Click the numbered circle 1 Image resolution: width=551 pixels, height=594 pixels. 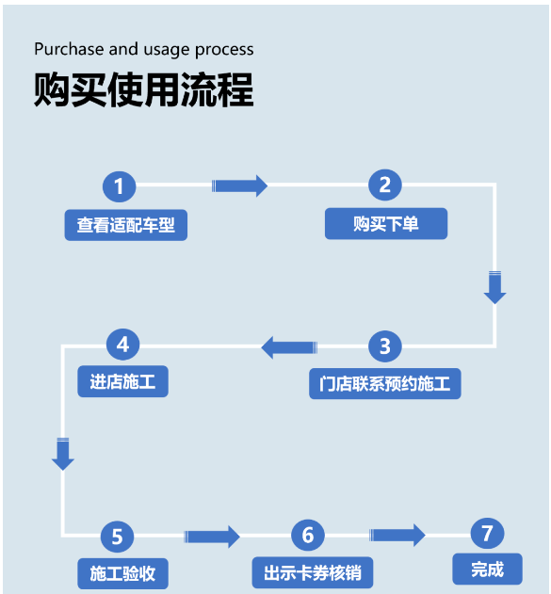point(119,186)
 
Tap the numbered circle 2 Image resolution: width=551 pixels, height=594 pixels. point(384,185)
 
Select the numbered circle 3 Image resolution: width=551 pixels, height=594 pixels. point(384,346)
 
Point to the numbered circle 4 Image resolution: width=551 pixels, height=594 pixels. point(122,345)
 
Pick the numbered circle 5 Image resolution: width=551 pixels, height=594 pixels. point(117,537)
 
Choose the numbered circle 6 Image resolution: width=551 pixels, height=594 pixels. point(308,535)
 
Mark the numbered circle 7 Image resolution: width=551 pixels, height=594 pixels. point(487,534)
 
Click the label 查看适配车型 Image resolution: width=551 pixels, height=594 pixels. point(126,225)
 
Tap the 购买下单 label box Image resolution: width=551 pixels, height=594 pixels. point(386,223)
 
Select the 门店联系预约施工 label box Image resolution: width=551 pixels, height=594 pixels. point(385,383)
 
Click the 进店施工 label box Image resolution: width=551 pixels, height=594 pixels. point(122,381)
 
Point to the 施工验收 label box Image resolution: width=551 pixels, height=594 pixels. point(122,573)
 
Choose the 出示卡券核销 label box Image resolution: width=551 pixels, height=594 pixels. point(313,572)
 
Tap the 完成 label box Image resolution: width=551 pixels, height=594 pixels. point(487,569)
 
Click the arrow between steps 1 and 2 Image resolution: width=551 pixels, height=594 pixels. point(239,186)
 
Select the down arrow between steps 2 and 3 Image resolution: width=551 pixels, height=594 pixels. point(494,287)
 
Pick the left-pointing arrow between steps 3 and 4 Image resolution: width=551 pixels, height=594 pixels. point(289,347)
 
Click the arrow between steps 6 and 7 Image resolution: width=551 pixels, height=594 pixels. point(397,536)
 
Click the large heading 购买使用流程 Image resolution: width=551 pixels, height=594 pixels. point(144,89)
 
